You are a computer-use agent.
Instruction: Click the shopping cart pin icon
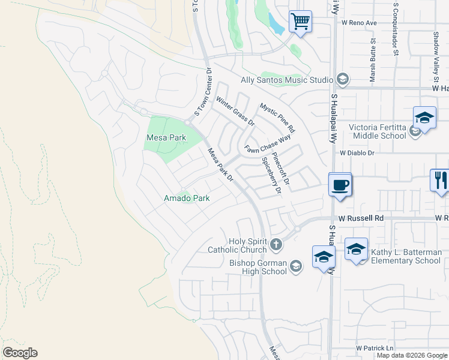click(x=300, y=22)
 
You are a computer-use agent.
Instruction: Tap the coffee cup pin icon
click(x=340, y=184)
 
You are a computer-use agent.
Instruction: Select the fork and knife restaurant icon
click(x=440, y=179)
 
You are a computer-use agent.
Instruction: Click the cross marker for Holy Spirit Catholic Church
click(x=276, y=244)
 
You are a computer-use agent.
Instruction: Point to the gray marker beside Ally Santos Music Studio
click(x=342, y=80)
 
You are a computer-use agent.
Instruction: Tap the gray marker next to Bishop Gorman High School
click(x=295, y=266)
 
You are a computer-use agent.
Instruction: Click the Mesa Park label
click(x=166, y=137)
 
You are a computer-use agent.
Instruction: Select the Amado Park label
click(x=187, y=198)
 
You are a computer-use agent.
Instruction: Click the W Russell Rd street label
click(x=360, y=218)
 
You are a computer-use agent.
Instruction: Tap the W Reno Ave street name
click(x=359, y=23)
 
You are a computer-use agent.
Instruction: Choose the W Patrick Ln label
click(x=375, y=348)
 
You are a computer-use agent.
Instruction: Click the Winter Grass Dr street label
click(x=236, y=112)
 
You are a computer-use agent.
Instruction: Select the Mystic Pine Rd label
click(x=277, y=118)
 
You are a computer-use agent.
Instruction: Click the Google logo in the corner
click(x=20, y=353)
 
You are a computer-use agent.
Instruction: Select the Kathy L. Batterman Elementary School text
click(x=406, y=256)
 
